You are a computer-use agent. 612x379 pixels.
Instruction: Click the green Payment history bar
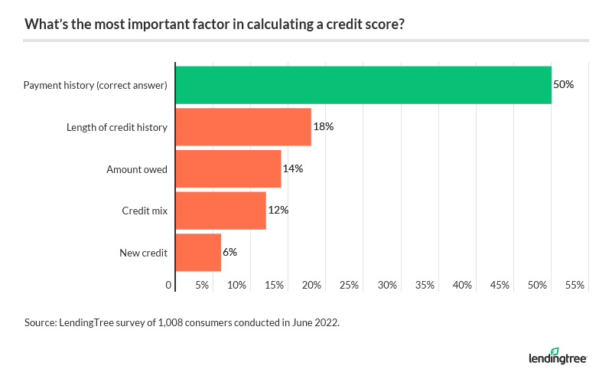[363, 85]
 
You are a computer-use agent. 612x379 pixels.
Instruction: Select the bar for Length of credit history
[243, 127]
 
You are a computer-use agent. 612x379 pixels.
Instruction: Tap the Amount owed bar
[228, 168]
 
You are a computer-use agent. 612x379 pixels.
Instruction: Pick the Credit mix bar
[220, 211]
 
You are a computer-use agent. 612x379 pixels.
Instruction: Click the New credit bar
[198, 252]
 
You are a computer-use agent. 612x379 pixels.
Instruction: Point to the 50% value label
[563, 85]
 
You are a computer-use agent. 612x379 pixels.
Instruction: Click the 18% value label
[323, 127]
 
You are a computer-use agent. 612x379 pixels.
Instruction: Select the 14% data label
[293, 168]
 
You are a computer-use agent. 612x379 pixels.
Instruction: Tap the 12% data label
[278, 211]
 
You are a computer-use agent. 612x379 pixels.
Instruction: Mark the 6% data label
[230, 252]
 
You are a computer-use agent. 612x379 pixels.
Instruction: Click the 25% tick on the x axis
[350, 286]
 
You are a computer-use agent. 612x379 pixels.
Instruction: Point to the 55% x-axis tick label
[575, 286]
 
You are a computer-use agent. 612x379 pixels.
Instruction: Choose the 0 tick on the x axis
[169, 286]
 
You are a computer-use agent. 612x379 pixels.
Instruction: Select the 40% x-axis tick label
[462, 286]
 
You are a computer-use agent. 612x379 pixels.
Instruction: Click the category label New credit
[144, 253]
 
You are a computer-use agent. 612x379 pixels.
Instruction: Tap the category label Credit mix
[145, 211]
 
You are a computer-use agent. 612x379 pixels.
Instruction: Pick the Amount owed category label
[137, 169]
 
